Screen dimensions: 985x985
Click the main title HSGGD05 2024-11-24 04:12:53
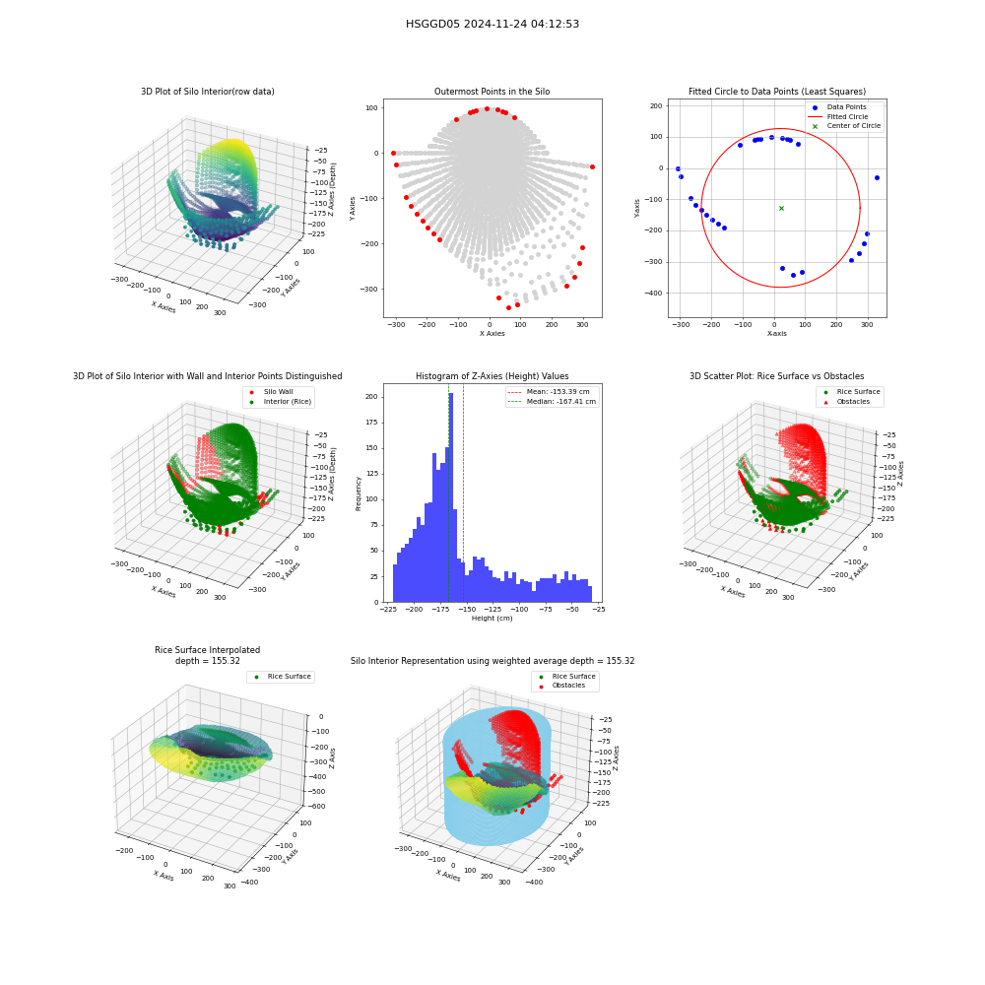pos(492,24)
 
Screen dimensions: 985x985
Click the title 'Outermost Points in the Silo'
pos(492,92)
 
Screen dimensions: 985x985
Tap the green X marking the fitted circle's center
pos(781,208)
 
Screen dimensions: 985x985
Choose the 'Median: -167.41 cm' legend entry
pos(552,402)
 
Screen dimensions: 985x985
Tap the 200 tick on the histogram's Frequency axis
pos(372,397)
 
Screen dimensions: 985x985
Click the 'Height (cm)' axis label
pos(492,619)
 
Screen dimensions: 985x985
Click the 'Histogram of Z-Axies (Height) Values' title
pos(492,376)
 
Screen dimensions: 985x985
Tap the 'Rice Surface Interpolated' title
pos(207,650)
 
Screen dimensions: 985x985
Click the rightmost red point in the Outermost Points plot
pos(592,167)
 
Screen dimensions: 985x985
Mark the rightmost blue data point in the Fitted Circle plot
pos(877,177)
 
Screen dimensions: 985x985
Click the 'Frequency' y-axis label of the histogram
pos(359,493)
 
